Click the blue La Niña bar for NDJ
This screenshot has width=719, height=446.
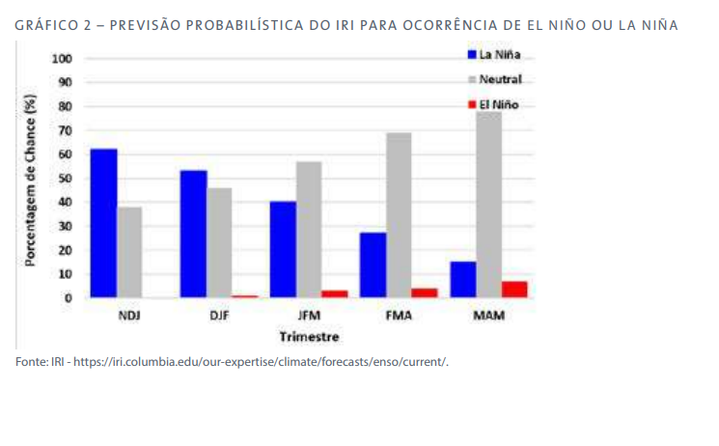(x=103, y=223)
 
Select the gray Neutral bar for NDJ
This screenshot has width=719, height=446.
(x=129, y=252)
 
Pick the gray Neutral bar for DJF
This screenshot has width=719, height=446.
(x=219, y=242)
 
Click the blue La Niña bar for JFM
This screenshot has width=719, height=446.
(x=283, y=249)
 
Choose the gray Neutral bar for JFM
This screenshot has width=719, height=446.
(x=309, y=230)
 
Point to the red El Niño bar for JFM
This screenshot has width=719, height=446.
(x=335, y=293)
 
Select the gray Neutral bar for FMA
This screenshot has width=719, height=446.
(x=399, y=215)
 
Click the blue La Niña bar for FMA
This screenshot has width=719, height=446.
(x=373, y=265)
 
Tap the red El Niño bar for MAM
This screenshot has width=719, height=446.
(x=513, y=289)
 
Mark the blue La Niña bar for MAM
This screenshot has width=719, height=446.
(x=462, y=279)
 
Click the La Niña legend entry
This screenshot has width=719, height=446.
(x=496, y=54)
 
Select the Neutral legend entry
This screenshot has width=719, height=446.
(x=496, y=78)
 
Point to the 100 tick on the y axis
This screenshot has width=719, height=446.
(x=63, y=59)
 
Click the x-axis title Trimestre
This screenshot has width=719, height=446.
(x=309, y=337)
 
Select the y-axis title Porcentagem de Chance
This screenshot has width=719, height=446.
(x=31, y=179)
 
